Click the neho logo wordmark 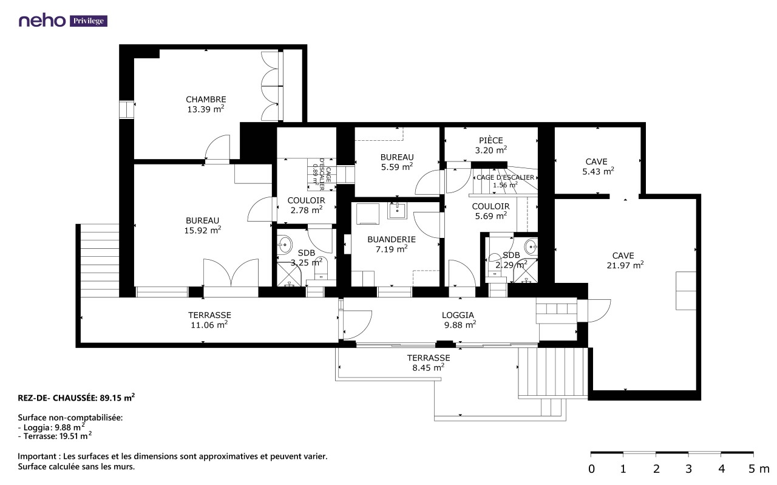(x=42, y=21)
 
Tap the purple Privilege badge (x=89, y=21)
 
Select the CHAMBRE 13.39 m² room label (x=206, y=104)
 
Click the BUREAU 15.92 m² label (x=203, y=225)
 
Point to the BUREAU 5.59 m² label (x=397, y=162)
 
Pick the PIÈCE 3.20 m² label (x=491, y=145)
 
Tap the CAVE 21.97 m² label (x=625, y=260)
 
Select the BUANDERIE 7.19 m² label (x=392, y=244)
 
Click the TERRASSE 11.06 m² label (x=209, y=320)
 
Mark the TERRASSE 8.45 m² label (x=429, y=362)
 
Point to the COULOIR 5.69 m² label (x=491, y=211)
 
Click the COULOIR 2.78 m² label (x=307, y=205)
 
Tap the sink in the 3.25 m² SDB (x=285, y=245)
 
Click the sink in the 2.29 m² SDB (x=531, y=246)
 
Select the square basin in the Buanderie (x=397, y=210)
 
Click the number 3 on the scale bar (x=688, y=469)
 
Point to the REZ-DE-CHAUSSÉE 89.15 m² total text (x=76, y=398)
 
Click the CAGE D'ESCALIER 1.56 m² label (x=505, y=181)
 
